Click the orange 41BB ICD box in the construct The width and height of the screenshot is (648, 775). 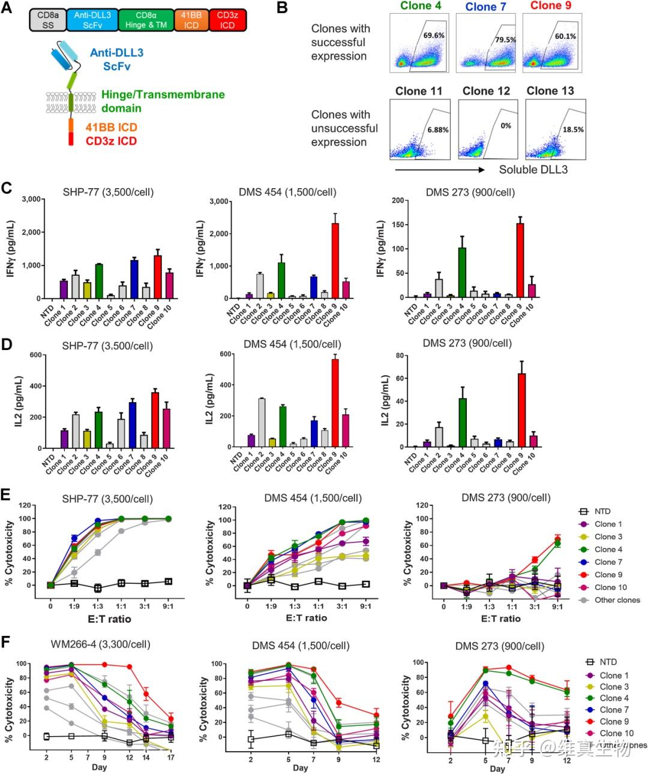191,20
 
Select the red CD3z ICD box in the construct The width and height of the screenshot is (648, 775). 227,20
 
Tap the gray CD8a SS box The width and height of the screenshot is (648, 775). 48,20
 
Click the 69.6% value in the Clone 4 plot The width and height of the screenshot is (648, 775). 434,35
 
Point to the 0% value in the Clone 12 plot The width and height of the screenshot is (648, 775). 506,126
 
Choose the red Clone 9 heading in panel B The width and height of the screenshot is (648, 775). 550,6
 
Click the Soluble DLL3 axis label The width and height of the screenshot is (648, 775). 533,170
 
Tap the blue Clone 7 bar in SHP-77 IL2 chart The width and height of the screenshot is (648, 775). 132,425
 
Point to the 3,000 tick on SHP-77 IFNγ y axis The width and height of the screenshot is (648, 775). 31,199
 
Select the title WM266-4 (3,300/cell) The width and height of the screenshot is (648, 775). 100,644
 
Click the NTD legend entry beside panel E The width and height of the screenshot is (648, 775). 602,511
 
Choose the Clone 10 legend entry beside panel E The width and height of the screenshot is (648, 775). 610,587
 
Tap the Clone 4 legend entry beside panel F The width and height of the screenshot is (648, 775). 614,698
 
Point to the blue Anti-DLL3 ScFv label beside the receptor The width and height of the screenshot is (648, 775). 116,59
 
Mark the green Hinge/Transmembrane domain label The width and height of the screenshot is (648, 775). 163,101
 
